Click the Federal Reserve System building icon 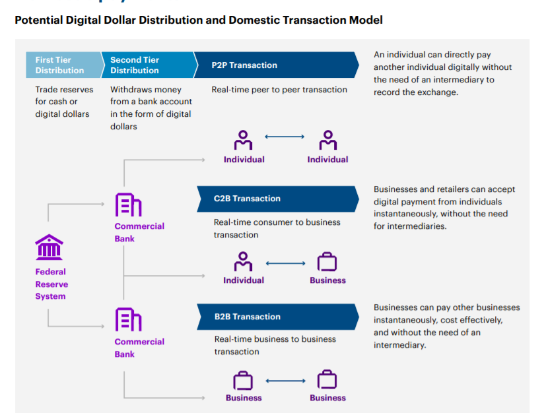pos(50,247)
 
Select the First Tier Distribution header pos(59,65)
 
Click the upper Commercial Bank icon pos(128,205)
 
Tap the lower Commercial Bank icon pos(128,320)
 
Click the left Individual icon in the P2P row pos(244,141)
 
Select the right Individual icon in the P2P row pos(327,141)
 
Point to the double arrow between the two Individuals pos(285,137)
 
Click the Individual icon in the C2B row pos(244,262)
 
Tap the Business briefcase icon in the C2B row pos(327,263)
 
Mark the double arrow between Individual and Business pos(285,264)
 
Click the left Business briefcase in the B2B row pos(244,381)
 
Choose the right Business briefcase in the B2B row pos(327,381)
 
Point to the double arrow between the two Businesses pos(285,381)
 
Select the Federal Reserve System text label pos(51,284)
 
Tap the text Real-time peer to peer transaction pos(279,90)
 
